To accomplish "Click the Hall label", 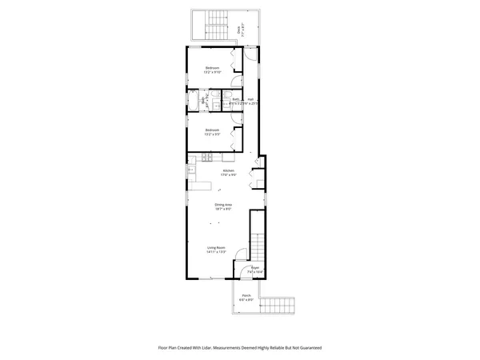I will (250, 101).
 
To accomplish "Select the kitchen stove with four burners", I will (191, 170).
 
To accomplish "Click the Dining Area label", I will (223, 206).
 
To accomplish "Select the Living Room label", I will (216, 249).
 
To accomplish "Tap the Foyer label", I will (255, 270).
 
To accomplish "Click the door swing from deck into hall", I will (250, 55).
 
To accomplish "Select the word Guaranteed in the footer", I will (305, 348).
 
